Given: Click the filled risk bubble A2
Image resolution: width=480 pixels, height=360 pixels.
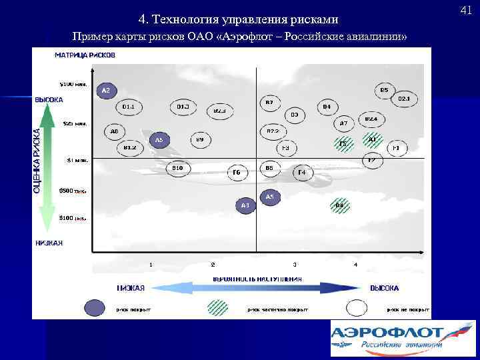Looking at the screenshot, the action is (106, 90).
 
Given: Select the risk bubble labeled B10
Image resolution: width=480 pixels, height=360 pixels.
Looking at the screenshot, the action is (177, 168).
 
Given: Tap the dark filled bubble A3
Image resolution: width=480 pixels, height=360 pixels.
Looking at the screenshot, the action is (245, 205).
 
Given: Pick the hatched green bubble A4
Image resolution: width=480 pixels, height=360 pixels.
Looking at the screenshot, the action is (339, 205).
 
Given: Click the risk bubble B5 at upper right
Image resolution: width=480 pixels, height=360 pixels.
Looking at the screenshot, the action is (385, 90).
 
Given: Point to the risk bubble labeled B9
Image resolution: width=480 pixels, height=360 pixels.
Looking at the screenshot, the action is (199, 139).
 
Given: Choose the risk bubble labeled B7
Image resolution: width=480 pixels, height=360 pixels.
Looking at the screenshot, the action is (269, 103).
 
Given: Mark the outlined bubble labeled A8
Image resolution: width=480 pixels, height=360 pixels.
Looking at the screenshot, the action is (115, 131).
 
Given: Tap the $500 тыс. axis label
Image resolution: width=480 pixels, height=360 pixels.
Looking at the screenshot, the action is (72, 190).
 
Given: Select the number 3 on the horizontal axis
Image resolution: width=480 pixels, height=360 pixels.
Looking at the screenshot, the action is (295, 265).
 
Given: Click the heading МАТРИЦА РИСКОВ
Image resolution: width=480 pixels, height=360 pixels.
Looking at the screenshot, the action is (85, 55).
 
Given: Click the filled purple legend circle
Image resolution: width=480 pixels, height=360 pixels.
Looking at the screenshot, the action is (95, 307).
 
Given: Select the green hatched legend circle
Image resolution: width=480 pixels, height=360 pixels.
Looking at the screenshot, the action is (217, 307).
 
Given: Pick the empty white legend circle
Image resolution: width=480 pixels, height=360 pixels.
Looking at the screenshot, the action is (357, 307).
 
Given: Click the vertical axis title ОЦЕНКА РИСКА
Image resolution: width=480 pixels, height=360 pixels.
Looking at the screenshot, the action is (37, 152).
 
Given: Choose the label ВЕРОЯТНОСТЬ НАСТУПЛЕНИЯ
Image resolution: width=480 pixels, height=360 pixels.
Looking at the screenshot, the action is (257, 278).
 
